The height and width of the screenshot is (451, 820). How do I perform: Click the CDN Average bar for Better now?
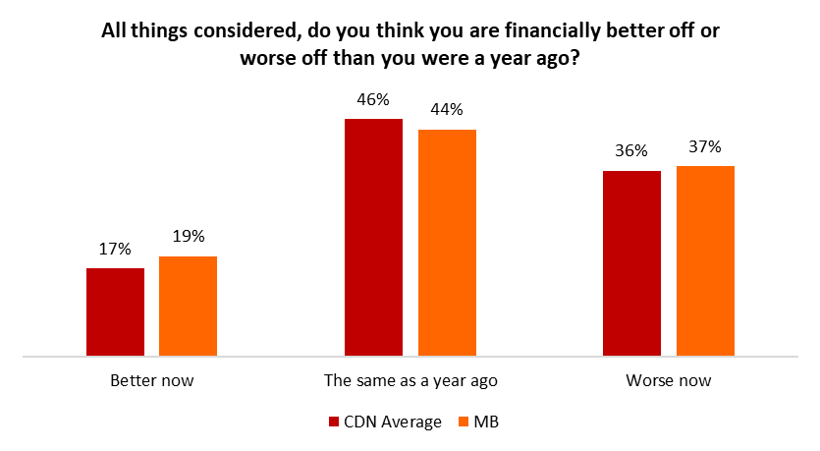point(115,311)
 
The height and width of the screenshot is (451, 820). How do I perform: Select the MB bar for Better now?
point(188,306)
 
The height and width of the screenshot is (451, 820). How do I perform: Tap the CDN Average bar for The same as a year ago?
point(373,237)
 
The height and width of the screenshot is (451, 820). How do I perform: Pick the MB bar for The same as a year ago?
point(447,242)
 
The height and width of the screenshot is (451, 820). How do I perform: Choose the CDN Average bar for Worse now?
point(631,262)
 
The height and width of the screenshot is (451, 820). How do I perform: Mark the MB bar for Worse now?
point(705,260)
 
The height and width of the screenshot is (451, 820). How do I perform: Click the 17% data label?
point(115,250)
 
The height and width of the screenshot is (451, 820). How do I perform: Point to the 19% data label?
point(188,237)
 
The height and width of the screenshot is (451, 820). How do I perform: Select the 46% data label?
point(373,99)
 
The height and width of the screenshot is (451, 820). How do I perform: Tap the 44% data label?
point(447,110)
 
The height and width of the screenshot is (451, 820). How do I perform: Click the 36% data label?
point(631,151)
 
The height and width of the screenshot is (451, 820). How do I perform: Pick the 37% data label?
point(705,147)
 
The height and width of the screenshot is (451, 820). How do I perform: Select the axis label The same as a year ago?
point(410,380)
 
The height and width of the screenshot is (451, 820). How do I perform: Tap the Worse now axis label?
point(668,380)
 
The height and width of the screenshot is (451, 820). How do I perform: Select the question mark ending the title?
point(574,57)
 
